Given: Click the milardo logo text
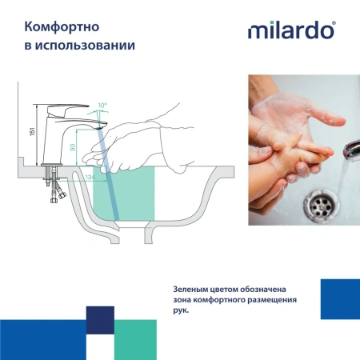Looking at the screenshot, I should pyautogui.click(x=290, y=33).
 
